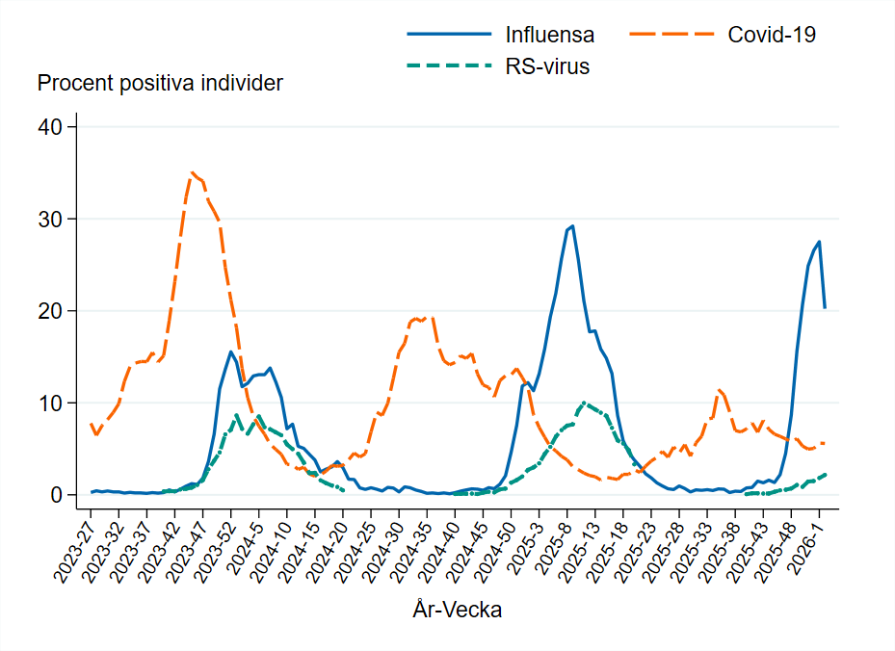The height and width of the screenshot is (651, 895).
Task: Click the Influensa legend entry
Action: click(x=549, y=35)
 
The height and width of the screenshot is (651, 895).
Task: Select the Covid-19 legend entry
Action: click(x=771, y=35)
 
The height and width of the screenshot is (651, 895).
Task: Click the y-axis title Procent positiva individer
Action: click(x=160, y=84)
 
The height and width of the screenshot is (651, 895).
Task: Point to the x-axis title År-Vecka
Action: click(x=457, y=610)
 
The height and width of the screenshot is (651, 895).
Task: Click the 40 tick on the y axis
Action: click(x=50, y=127)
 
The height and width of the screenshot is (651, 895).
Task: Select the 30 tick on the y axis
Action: click(x=50, y=220)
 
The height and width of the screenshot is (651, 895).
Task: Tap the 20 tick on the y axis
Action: click(x=50, y=311)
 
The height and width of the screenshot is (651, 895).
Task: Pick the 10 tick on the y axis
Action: click(x=50, y=403)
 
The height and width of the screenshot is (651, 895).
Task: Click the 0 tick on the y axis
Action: click(x=56, y=495)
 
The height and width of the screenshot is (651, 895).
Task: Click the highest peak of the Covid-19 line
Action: click(x=193, y=173)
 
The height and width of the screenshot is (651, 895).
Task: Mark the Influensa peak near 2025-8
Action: click(x=572, y=226)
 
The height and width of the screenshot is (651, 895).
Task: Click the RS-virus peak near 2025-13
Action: click(x=584, y=403)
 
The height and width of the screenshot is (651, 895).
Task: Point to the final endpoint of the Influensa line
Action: click(x=825, y=308)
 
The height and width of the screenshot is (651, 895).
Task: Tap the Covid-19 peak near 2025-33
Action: click(x=719, y=390)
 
